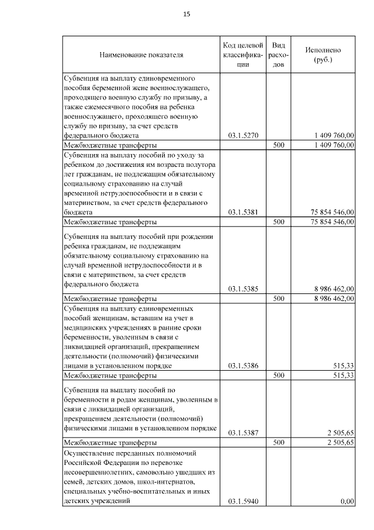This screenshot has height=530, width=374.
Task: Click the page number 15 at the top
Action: (x=187, y=14)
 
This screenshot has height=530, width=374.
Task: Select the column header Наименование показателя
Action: (x=141, y=55)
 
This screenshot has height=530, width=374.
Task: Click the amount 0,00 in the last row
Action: (x=347, y=501)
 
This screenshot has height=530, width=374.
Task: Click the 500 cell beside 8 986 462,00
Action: (x=279, y=298)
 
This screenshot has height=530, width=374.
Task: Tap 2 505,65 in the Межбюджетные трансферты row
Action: (x=339, y=443)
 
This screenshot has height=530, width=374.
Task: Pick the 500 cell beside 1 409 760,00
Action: (x=279, y=145)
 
